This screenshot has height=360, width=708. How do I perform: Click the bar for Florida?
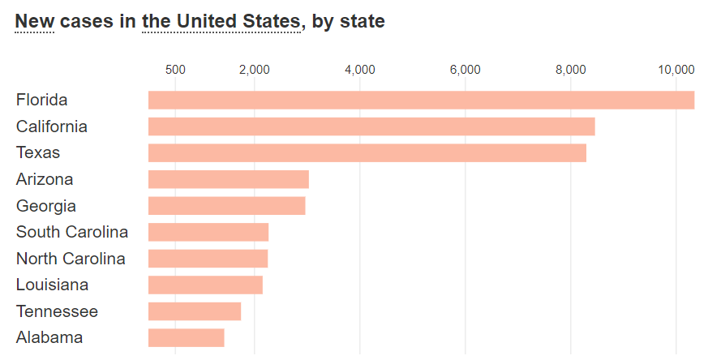421,100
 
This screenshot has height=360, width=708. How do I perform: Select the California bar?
371,126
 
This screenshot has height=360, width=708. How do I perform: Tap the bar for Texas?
367,153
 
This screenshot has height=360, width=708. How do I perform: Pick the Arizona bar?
229,179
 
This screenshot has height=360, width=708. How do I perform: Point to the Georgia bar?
226,206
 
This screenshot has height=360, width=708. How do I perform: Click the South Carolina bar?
208,232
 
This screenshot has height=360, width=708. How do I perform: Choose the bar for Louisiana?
205,285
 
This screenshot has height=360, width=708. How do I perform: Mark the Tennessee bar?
195,311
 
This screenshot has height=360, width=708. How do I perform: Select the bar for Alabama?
186,337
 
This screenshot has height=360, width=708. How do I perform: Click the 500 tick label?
175,70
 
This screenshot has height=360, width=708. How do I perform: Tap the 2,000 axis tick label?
255,70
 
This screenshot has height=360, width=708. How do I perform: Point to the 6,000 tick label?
465,70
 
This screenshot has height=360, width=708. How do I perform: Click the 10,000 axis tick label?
676,70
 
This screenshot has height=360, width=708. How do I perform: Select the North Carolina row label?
71,259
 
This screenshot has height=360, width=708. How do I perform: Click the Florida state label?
41,100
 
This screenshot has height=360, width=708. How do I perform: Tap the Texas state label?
38,153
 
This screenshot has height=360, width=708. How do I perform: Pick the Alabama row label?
49,337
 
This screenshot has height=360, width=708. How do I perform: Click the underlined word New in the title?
34,21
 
